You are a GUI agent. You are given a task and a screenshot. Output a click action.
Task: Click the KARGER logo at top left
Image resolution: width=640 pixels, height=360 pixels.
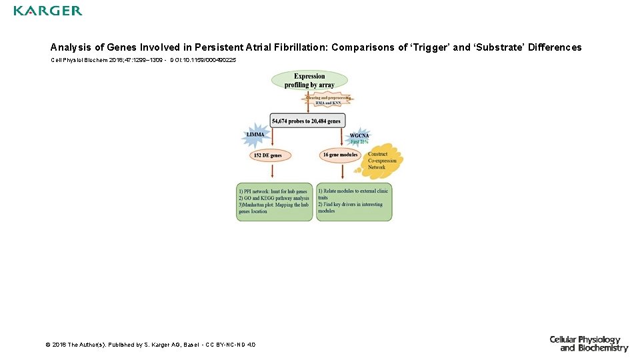tap(48, 11)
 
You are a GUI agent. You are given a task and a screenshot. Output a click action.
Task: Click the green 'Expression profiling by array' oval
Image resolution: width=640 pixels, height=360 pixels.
tap(309, 81)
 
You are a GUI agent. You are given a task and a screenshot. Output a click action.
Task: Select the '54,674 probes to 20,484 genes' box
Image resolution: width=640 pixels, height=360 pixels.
tap(307, 121)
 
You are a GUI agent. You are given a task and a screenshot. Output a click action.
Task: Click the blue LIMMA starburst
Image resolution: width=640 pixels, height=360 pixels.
tap(256, 135)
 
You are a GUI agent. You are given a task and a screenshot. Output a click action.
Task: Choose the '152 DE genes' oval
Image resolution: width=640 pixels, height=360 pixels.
tap(267, 155)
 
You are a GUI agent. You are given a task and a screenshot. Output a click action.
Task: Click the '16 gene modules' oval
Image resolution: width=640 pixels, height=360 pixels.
tap(340, 155)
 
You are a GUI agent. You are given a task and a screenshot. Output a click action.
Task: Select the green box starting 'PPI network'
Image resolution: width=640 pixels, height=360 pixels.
tap(274, 201)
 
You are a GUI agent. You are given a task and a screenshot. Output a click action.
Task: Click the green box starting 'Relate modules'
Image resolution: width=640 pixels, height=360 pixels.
tap(353, 201)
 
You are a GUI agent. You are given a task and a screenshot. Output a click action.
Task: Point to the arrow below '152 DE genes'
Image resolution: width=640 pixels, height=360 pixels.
tap(272, 171)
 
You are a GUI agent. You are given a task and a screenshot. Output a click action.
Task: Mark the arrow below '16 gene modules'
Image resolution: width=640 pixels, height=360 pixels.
tap(343, 171)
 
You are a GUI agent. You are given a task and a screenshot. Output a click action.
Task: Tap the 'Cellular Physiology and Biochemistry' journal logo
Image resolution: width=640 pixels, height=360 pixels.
tap(589, 343)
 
